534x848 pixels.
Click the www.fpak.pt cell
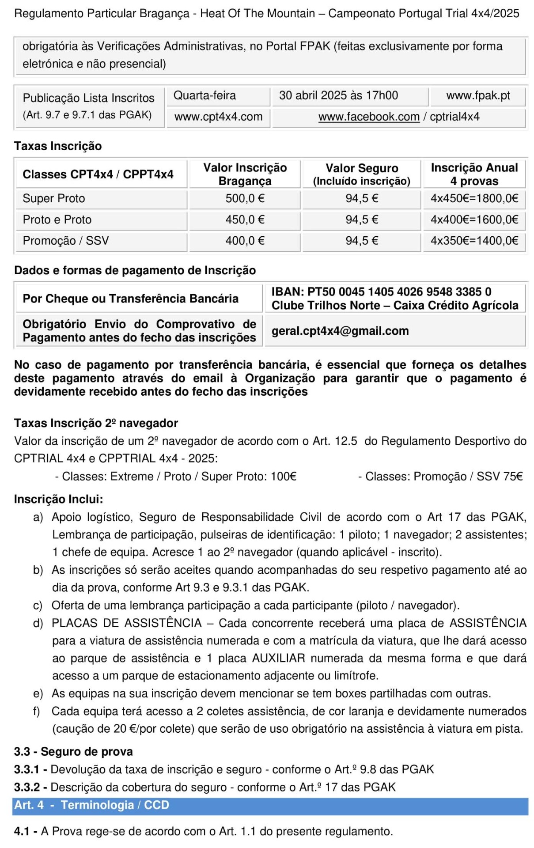pos(478,95)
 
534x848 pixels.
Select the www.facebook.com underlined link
pos(369,117)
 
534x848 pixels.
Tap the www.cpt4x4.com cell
pos(218,117)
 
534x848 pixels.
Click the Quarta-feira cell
pos(205,95)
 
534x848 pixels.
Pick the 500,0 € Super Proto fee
pos(245,198)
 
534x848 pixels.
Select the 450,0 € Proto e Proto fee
pos(245,220)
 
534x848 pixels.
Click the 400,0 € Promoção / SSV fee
pos(245,241)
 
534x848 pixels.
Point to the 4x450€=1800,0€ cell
pos(474,198)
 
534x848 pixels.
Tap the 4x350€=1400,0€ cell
pos(474,241)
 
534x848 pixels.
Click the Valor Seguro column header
pos(362,174)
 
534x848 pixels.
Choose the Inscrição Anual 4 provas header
pos(474,174)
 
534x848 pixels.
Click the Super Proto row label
pos(54,198)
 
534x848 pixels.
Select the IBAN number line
pos(381,291)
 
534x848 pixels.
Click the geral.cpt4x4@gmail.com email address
pos(340,331)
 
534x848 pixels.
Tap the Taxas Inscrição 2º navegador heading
pos(96,423)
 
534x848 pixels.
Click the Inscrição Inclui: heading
pos(58,499)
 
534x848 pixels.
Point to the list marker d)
pos(38,623)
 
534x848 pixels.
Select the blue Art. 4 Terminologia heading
pos(91,805)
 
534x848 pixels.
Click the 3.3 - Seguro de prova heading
pos(73,751)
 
